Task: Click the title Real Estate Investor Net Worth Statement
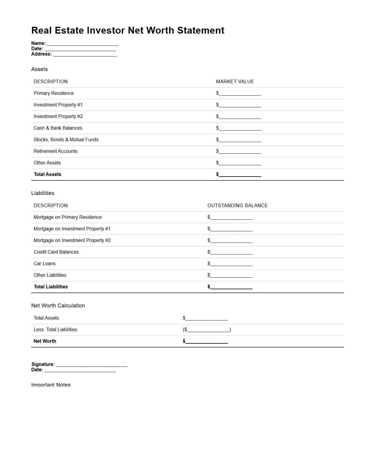[x=128, y=30]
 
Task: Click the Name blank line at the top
[x=83, y=44]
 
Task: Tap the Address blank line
[x=85, y=55]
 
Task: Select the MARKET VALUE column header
[x=235, y=81]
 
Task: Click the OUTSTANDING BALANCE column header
[x=238, y=205]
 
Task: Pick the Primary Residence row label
[x=54, y=93]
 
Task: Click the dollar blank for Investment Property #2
[x=240, y=117]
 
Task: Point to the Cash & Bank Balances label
[x=58, y=128]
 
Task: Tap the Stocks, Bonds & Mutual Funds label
[x=66, y=139]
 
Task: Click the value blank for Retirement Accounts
[x=240, y=152]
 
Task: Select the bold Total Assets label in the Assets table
[x=48, y=174]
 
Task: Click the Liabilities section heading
[x=43, y=193]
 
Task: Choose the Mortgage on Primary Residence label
[x=68, y=217]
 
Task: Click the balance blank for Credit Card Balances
[x=231, y=252]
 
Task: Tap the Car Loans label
[x=45, y=263]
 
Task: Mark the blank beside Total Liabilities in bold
[x=231, y=287]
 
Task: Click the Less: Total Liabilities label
[x=55, y=329]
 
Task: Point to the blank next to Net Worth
[x=206, y=342]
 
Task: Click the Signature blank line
[x=91, y=365]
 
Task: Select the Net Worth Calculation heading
[x=58, y=306]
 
